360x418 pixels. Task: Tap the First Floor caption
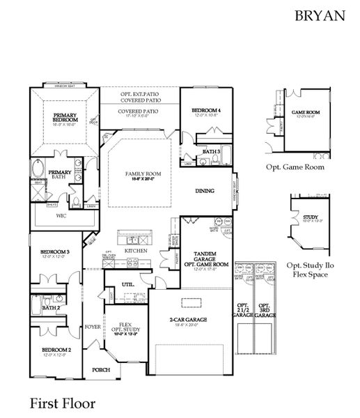coord(61,402)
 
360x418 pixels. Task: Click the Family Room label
coord(143,174)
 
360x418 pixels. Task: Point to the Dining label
coord(204,191)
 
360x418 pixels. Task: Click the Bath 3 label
coord(211,151)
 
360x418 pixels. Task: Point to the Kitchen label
coord(134,250)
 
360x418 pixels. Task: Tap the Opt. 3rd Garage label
coord(265,310)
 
